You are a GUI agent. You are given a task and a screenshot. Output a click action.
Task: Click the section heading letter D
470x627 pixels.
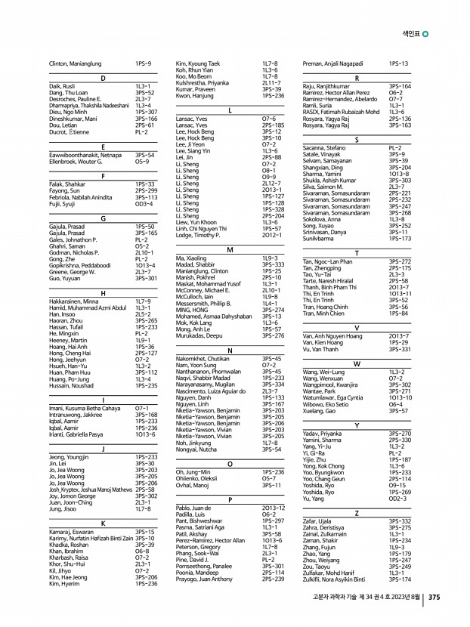coord(102,79)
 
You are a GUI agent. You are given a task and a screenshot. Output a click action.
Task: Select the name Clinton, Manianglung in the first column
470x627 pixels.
coord(76,64)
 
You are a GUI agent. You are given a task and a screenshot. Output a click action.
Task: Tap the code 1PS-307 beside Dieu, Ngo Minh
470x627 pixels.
coord(146,112)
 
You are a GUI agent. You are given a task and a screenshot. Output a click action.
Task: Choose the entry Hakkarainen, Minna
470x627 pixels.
coord(73,301)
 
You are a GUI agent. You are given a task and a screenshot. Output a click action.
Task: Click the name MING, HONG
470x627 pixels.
coord(191,310)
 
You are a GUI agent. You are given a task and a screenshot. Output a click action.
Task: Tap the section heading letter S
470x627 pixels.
coord(357,141)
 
